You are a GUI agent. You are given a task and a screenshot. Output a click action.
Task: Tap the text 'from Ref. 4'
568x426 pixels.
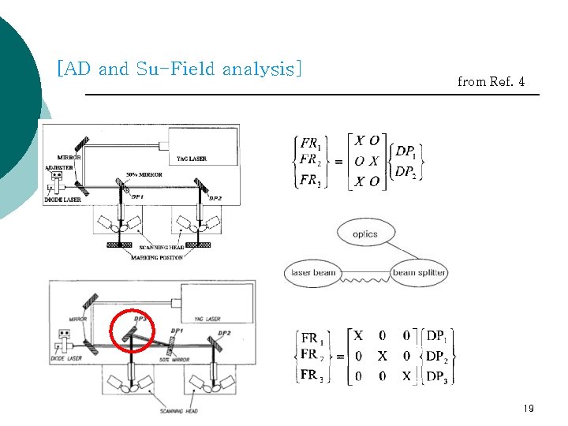[x=491, y=81]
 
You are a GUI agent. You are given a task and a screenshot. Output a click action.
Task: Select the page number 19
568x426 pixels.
[x=529, y=409]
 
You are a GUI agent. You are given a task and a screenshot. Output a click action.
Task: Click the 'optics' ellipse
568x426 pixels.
[x=364, y=234]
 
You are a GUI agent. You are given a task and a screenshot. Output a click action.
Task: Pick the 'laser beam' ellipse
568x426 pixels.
[x=314, y=273]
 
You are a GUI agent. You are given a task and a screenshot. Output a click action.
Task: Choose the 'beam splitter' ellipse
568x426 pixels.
[x=419, y=273]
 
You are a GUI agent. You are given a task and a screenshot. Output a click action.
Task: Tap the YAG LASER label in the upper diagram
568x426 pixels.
[x=192, y=159]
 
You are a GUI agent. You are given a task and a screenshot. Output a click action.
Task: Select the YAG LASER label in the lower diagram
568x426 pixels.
[x=203, y=319]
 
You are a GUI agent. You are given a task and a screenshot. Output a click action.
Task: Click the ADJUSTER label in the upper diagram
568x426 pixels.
[x=59, y=168]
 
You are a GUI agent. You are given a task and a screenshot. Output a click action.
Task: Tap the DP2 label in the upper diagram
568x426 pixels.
[x=215, y=198]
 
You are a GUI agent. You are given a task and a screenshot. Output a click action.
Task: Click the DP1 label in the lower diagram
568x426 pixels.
[x=177, y=331]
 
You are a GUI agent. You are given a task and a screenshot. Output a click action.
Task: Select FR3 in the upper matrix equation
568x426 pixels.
[x=310, y=181]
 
